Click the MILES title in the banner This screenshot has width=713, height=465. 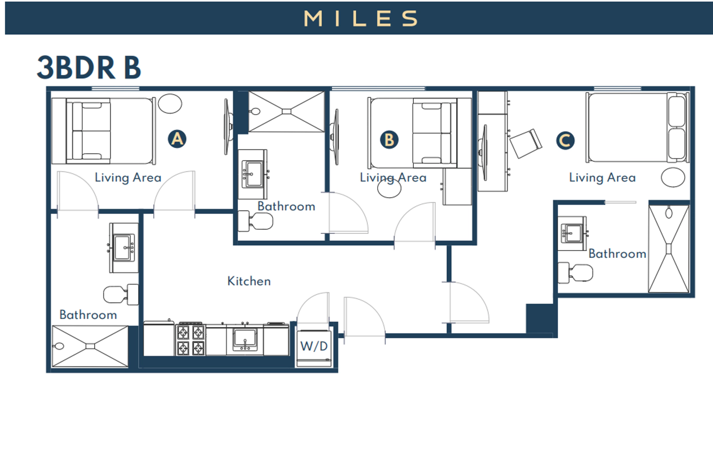point(361,18)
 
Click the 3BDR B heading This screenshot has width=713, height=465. point(89,68)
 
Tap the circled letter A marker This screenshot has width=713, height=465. point(177,139)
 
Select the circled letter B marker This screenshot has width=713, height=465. point(389,140)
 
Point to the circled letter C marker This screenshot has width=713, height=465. point(565,140)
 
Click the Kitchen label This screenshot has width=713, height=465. point(249,281)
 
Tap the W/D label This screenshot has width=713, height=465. point(314,346)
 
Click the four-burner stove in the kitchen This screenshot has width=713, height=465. point(191,339)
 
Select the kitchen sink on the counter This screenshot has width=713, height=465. point(245,340)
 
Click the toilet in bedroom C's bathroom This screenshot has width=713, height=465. point(575,273)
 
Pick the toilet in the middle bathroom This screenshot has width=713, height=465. point(255,221)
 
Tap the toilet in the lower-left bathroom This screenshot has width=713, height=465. point(121,294)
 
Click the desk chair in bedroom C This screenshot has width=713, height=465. point(526,143)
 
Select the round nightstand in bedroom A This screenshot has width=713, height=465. point(170,103)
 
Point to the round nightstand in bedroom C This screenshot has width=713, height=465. point(673,177)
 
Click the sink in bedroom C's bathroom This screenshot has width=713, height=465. point(572,233)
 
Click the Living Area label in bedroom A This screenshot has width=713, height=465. point(128,177)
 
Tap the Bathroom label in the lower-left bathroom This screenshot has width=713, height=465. point(88,315)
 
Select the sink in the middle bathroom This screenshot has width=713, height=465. point(253,174)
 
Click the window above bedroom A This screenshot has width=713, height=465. point(115,89)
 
